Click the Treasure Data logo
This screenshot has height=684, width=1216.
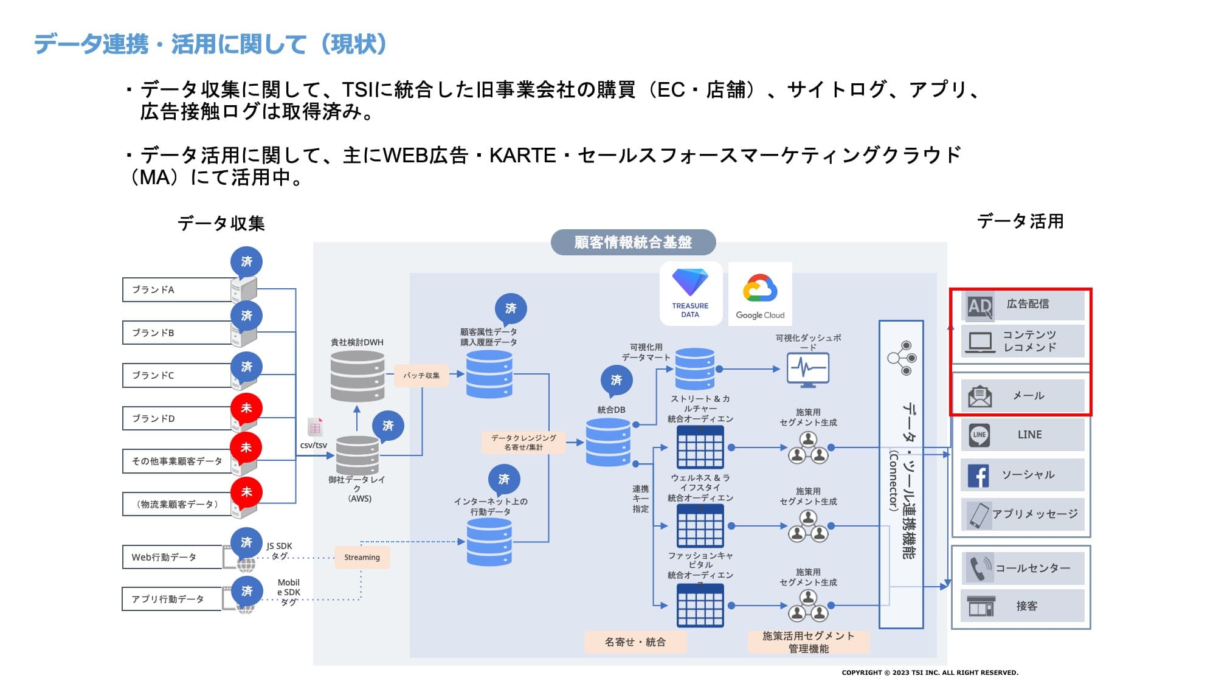tap(690, 293)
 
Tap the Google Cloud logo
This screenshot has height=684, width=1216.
tap(760, 294)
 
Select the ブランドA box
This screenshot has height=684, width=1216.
tap(176, 289)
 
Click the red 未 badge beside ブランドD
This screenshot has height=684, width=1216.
tap(246, 408)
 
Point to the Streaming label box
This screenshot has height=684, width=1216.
tap(362, 557)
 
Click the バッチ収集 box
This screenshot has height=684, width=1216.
tap(421, 375)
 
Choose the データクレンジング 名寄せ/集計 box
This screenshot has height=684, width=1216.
tap(523, 442)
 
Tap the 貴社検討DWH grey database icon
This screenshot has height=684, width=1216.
tap(358, 376)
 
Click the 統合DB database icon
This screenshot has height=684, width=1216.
tap(608, 442)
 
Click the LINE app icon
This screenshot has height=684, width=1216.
tap(979, 435)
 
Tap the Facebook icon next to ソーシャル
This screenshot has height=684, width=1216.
tap(979, 475)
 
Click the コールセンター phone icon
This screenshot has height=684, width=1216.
tap(979, 568)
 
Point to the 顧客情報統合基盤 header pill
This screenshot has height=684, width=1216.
tap(633, 242)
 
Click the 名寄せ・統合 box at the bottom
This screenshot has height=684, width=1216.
tap(635, 641)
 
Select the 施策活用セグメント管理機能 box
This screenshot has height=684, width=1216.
tap(808, 641)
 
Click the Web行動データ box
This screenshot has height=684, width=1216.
tap(172, 557)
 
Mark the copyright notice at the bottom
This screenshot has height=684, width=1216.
tap(930, 672)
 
